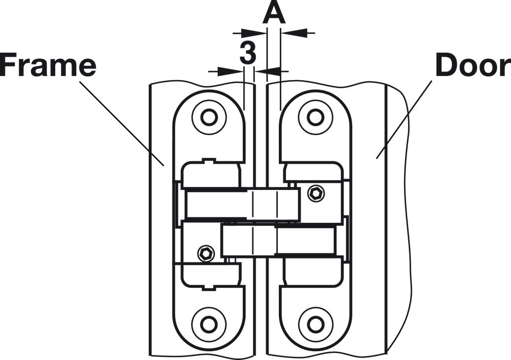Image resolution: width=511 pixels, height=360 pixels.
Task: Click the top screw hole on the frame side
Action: [209, 117]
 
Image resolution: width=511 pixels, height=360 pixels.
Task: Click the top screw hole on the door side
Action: [315, 117]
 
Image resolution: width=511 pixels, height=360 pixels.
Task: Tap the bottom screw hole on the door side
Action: [315, 324]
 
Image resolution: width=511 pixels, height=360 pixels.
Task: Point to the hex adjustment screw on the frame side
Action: [206, 253]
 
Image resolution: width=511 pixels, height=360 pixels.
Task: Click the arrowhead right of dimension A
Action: [293, 33]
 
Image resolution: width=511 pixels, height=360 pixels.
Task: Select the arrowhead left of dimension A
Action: [253, 33]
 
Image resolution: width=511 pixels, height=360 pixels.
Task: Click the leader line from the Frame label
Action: [122, 123]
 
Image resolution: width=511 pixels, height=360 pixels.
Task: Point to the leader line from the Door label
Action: [405, 119]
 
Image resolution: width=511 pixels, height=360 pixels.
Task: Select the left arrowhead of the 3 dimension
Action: [230, 71]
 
